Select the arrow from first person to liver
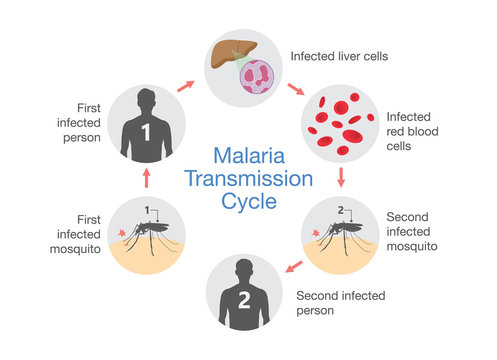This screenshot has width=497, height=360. [186, 86]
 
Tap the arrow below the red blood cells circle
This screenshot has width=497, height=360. [342, 179]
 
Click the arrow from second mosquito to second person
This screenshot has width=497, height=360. [292, 267]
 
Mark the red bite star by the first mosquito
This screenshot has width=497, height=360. [123, 234]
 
